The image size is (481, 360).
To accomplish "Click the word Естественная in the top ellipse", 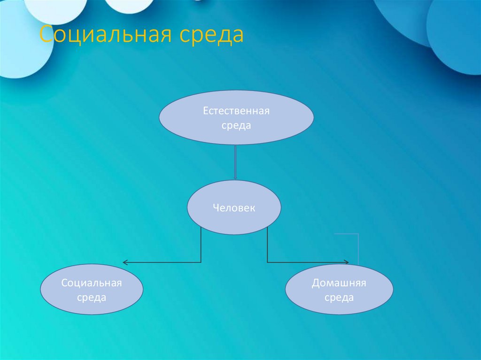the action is [x=236, y=111].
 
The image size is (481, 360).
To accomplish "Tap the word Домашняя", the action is [x=339, y=283].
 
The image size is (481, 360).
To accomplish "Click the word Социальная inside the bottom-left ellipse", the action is [x=92, y=283].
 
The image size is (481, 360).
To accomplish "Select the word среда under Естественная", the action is [x=237, y=126].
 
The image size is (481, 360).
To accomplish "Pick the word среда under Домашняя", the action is [x=339, y=298].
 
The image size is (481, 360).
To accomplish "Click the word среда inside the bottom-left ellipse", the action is [x=92, y=298].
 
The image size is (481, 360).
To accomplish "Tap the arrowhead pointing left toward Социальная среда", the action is [x=125, y=262].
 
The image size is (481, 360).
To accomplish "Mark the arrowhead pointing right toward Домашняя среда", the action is [x=347, y=262].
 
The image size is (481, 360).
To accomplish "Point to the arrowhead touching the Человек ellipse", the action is [x=235, y=178].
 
